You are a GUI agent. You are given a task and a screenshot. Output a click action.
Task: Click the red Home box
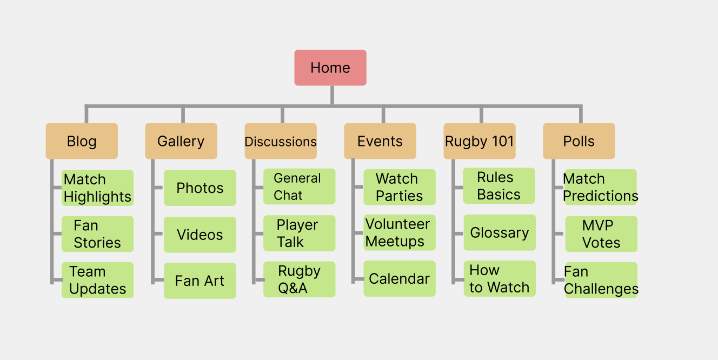(x=330, y=68)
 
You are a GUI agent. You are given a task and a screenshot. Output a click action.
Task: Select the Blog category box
(x=82, y=141)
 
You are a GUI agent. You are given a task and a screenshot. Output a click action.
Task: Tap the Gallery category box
(x=181, y=141)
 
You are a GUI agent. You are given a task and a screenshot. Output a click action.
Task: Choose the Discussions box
(x=281, y=141)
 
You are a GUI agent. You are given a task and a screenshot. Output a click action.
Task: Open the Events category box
(x=380, y=141)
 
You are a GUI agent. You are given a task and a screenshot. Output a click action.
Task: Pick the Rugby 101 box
(x=480, y=141)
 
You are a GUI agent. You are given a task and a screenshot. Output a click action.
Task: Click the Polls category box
(x=579, y=141)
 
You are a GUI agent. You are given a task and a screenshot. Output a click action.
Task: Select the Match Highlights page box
(x=97, y=188)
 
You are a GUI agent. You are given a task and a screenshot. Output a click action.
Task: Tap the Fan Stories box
(x=97, y=234)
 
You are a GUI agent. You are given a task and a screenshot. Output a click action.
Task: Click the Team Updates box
(x=97, y=280)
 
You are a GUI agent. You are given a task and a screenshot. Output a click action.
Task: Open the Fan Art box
(x=200, y=281)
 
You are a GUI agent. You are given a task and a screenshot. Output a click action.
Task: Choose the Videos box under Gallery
(x=200, y=235)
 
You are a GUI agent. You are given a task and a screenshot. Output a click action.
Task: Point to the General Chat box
(x=300, y=186)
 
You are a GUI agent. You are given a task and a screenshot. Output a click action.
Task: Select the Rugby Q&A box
(x=300, y=279)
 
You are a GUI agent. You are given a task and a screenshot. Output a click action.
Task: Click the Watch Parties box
(x=400, y=187)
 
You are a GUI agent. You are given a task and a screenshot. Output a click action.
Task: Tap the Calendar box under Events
(x=400, y=278)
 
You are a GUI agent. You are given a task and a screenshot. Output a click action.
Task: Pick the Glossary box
(x=500, y=232)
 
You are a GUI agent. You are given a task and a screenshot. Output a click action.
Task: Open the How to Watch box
(x=500, y=278)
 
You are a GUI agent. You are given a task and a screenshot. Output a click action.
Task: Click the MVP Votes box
(x=601, y=234)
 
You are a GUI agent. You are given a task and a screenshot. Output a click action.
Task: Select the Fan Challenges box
(x=601, y=280)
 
